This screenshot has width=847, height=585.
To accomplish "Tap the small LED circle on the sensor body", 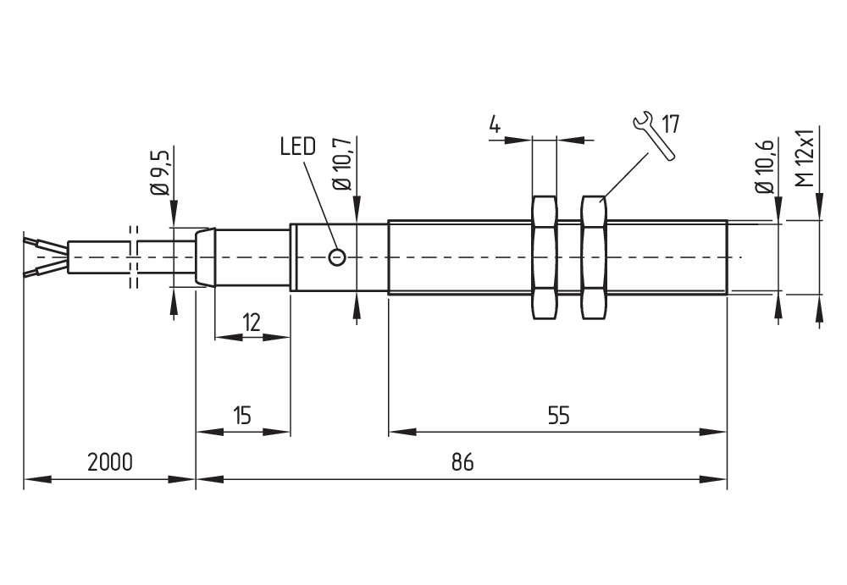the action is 338,257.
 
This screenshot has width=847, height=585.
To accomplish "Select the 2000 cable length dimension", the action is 109,462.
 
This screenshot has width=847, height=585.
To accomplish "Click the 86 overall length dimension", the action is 462,462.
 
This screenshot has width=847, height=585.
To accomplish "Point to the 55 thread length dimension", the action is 558,416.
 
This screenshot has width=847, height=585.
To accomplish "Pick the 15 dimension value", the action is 242,416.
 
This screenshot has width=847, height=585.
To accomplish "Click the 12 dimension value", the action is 252,323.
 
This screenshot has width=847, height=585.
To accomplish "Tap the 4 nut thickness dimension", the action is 495,124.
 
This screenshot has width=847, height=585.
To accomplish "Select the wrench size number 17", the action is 670,124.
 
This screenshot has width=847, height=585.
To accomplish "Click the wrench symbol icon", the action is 653,135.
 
